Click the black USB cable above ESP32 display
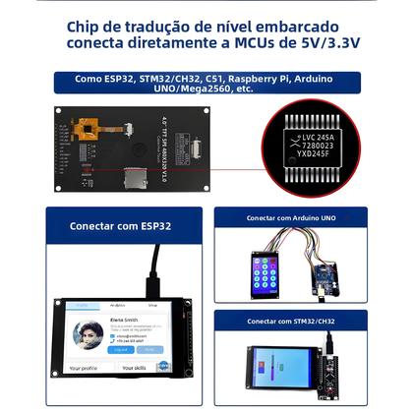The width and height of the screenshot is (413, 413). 153,270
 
